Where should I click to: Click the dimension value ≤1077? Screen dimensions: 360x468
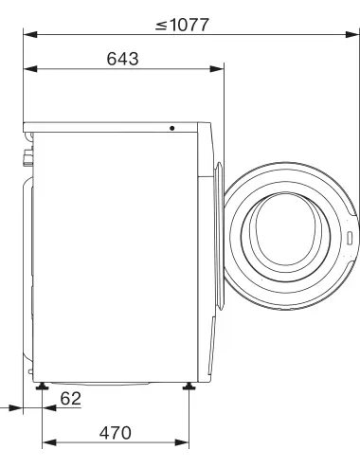pos(182,25)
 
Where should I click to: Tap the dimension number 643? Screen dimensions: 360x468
pos(122,59)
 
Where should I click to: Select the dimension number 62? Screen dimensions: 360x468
pos(70,399)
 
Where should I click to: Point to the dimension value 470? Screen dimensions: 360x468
pos(116,433)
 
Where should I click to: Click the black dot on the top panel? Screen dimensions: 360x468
pos(172,128)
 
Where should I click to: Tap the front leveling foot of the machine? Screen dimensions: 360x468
pos(189,386)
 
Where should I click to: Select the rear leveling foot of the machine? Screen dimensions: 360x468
pos(42,386)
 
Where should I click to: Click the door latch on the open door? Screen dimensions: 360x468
pos(350,238)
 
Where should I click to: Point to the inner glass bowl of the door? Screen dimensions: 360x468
pos(286,229)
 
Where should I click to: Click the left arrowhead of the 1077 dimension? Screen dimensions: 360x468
pos(30,34)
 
